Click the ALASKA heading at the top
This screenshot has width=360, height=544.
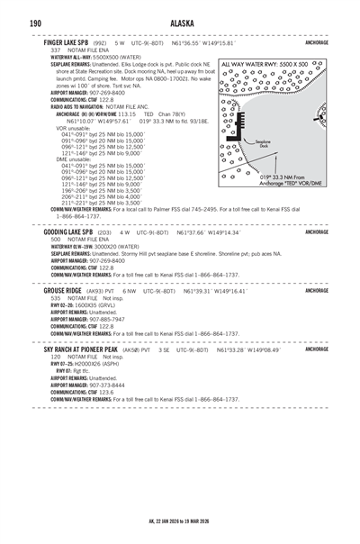pyautogui.click(x=179, y=22)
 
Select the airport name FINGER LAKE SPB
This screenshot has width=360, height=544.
pyautogui.click(x=64, y=42)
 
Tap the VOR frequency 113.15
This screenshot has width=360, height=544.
pyautogui.click(x=129, y=114)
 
